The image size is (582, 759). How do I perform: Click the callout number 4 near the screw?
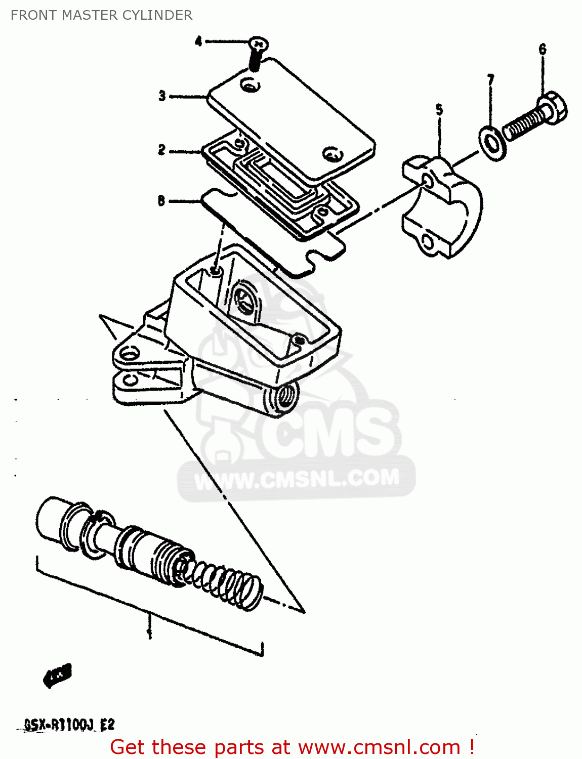[x=198, y=41]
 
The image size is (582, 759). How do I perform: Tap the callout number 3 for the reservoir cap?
[x=162, y=96]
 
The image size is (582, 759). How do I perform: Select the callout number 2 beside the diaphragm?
[x=161, y=150]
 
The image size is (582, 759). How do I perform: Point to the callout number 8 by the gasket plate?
[x=161, y=201]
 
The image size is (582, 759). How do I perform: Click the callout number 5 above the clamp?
[x=439, y=110]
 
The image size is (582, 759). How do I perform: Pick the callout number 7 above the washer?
[x=490, y=80]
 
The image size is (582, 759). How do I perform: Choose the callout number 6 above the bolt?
[x=543, y=49]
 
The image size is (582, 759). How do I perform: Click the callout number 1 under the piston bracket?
[x=149, y=632]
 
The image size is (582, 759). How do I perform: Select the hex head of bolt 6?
[x=554, y=107]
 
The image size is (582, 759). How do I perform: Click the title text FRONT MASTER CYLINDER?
[x=101, y=15]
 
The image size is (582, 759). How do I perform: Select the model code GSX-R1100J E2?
[x=69, y=725]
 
